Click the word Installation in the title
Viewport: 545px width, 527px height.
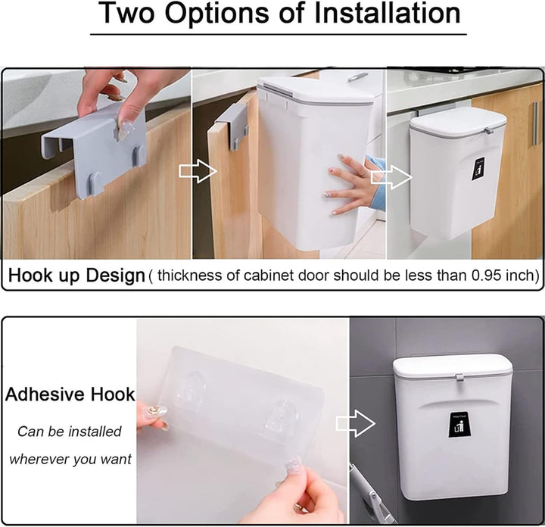click(x=388, y=13)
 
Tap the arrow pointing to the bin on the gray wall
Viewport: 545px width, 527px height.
click(x=356, y=423)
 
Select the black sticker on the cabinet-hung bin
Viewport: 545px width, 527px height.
click(x=478, y=170)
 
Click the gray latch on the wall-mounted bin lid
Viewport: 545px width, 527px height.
click(x=459, y=378)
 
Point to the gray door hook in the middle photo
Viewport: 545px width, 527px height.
click(x=232, y=127)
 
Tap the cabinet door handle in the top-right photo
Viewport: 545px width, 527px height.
click(x=535, y=124)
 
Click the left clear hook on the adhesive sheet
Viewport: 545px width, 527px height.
click(x=190, y=390)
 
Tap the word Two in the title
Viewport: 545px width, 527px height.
click(x=127, y=13)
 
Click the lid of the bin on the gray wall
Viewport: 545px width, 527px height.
click(x=453, y=366)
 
